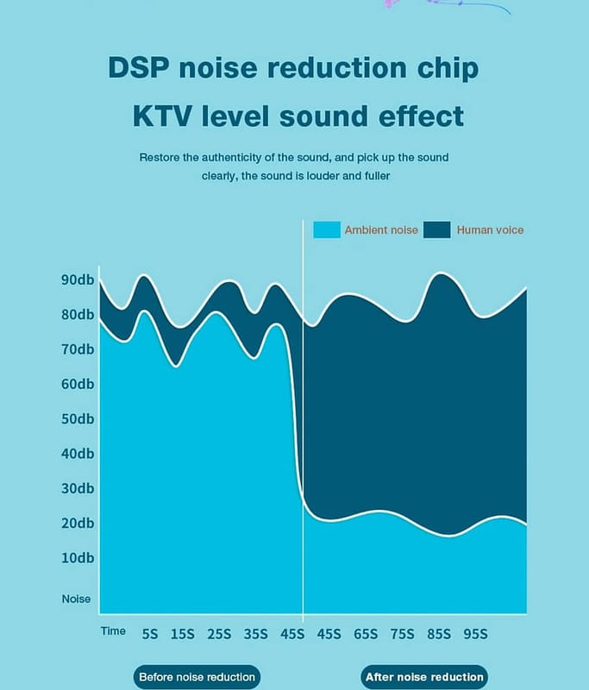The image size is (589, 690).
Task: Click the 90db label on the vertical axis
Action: [78, 280]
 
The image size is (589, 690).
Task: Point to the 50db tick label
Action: [78, 419]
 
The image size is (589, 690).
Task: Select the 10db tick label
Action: [78, 557]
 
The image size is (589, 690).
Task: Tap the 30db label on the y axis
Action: [78, 488]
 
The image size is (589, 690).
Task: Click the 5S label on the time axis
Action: [150, 634]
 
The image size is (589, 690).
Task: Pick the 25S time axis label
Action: [219, 634]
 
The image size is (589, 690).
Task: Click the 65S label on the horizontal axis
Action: [367, 634]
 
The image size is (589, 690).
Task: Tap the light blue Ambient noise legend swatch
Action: [326, 229]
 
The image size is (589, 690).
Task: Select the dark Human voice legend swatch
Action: [437, 229]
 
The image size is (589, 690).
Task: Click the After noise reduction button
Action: [423, 677]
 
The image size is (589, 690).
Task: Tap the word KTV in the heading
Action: [160, 116]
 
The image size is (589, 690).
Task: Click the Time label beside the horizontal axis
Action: [113, 631]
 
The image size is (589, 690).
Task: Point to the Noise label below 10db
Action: [76, 599]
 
